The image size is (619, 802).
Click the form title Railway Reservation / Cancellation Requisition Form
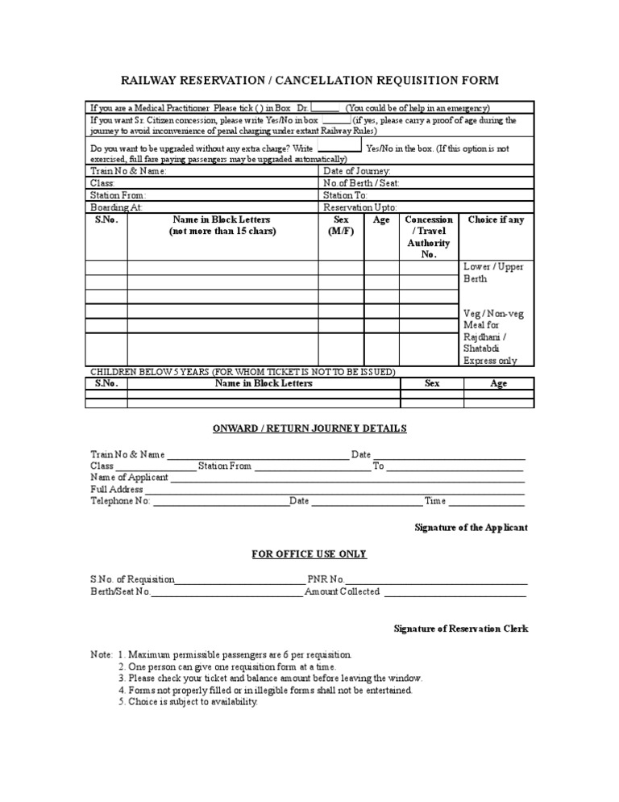(309, 80)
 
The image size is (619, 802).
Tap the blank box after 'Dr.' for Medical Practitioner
(325, 107)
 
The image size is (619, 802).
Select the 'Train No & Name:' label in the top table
(129, 171)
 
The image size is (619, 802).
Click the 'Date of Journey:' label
(357, 171)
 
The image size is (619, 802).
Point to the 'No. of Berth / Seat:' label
(361, 183)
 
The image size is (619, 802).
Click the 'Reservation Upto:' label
(359, 207)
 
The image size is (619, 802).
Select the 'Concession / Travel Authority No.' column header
(428, 236)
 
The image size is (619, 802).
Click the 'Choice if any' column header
(495, 219)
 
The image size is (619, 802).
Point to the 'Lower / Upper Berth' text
(493, 273)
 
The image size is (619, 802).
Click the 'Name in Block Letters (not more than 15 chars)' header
(222, 225)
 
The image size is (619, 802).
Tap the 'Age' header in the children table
(499, 383)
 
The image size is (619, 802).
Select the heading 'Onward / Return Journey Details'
(309, 428)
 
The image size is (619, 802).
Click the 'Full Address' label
(117, 489)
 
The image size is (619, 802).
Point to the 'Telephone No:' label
(121, 501)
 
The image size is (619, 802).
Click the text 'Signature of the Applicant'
(471, 527)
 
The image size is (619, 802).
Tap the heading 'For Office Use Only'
(309, 554)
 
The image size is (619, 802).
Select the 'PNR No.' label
(326, 579)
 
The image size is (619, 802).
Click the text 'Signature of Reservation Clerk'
(460, 629)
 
